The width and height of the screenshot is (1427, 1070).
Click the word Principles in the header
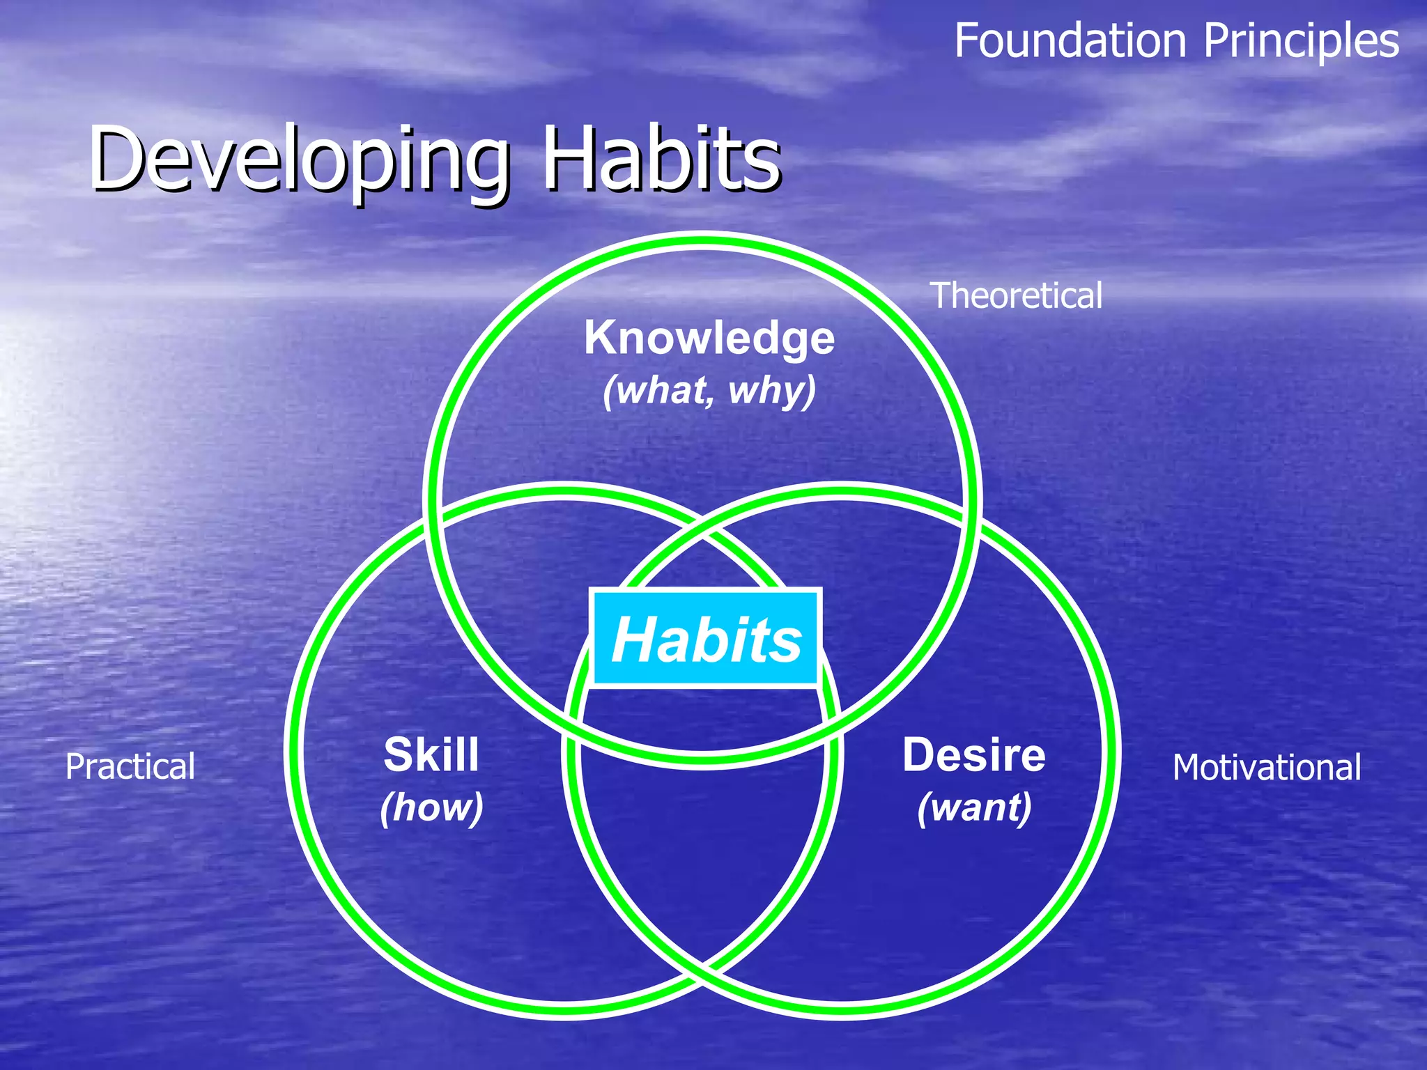[x=1301, y=42]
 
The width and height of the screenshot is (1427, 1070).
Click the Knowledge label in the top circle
[x=709, y=338]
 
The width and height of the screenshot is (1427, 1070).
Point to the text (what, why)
[x=709, y=390]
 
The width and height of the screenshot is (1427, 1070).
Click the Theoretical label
[x=1016, y=295]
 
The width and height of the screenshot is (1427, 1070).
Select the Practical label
[x=130, y=766]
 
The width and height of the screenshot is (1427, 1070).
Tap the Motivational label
[x=1266, y=767]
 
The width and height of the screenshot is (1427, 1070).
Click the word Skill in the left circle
[x=431, y=754]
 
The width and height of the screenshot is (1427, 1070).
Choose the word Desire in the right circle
[x=973, y=754]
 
